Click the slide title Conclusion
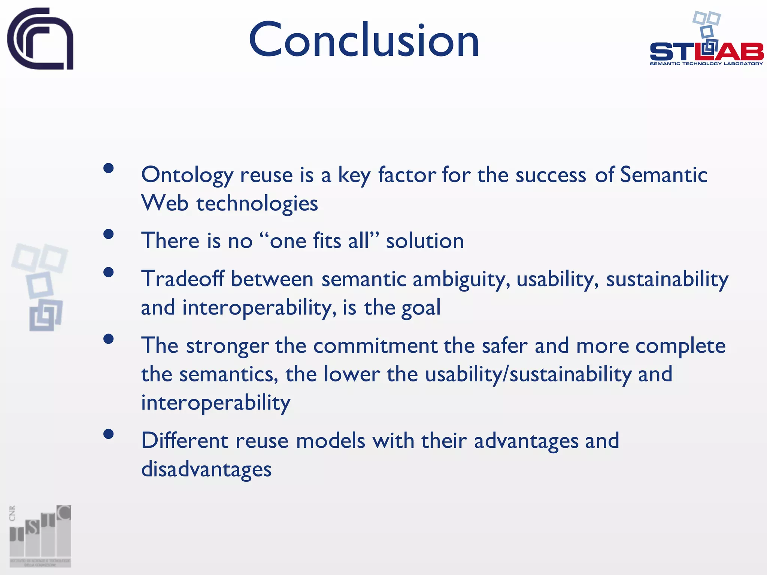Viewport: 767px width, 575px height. (x=364, y=40)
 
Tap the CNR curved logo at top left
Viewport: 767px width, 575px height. (x=40, y=39)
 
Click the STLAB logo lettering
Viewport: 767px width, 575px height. (x=706, y=52)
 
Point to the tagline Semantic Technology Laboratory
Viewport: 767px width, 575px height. (x=706, y=64)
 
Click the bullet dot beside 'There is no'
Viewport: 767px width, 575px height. (x=109, y=234)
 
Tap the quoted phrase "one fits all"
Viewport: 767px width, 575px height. (x=319, y=240)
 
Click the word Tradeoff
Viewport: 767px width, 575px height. (x=182, y=279)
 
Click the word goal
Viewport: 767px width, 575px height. (x=421, y=308)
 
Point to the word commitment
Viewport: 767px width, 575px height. (x=375, y=346)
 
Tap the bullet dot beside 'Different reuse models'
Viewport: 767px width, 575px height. (x=109, y=434)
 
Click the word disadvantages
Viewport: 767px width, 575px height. (x=206, y=469)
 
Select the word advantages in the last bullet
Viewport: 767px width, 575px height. (x=526, y=441)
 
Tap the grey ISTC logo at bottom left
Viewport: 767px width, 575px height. (x=40, y=536)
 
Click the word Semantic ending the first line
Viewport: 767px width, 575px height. (x=663, y=175)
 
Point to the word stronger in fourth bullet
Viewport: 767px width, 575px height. (x=227, y=346)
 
